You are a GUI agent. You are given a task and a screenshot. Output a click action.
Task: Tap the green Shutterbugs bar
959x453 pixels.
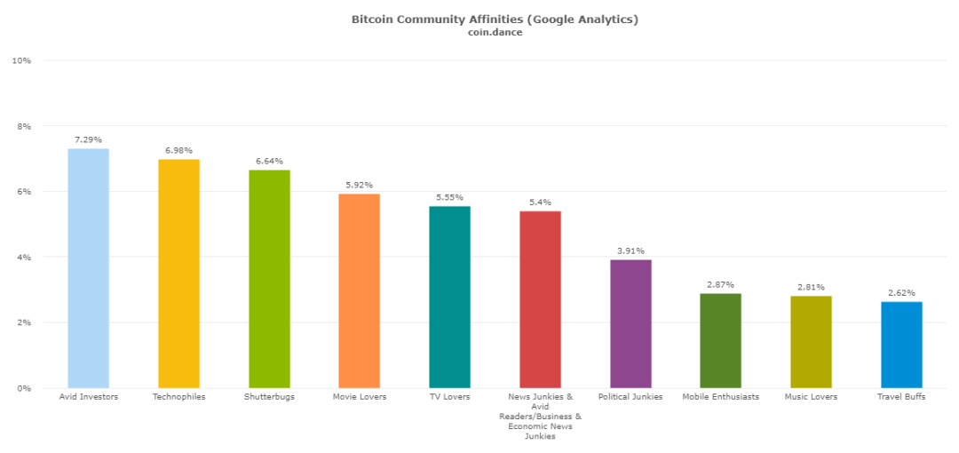click(x=269, y=279)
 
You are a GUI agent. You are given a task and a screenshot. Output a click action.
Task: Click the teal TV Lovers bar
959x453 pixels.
click(x=449, y=297)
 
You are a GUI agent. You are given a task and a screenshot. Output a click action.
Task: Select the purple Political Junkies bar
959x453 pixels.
click(x=630, y=323)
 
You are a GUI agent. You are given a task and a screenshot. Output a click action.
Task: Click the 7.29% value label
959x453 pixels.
click(x=88, y=139)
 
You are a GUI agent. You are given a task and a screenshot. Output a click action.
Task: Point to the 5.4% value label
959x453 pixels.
click(x=540, y=203)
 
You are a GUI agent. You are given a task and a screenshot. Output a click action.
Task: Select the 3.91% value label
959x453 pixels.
click(x=630, y=250)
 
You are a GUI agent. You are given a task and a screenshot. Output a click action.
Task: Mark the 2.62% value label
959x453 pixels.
click(x=901, y=293)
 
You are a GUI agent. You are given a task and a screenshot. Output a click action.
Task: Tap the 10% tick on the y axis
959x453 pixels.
click(x=21, y=60)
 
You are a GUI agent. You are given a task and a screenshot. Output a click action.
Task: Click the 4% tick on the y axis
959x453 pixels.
click(x=24, y=258)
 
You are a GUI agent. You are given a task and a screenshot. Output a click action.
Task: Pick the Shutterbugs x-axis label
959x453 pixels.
click(x=269, y=397)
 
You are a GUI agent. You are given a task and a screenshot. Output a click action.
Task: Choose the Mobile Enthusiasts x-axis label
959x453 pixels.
click(x=720, y=397)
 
